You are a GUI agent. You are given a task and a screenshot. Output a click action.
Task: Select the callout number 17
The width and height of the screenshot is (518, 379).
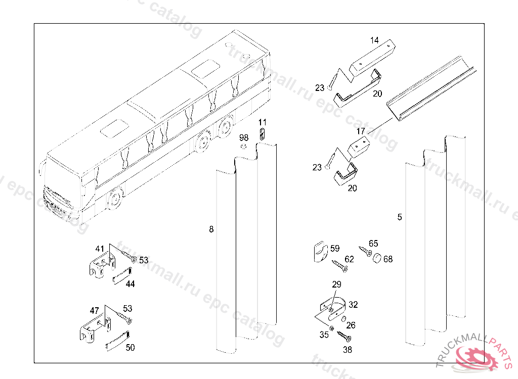(x=360, y=131)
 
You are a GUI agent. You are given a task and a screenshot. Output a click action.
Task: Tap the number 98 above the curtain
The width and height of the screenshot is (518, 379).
(x=244, y=137)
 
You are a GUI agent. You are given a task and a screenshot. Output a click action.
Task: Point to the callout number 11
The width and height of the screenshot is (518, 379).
(x=262, y=122)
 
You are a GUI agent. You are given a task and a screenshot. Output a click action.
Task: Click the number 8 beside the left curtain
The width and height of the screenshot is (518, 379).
(x=211, y=229)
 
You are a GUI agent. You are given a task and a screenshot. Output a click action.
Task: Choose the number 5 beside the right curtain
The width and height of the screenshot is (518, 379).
(x=400, y=217)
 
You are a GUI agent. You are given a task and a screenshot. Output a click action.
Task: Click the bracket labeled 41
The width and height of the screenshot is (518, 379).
(x=102, y=266)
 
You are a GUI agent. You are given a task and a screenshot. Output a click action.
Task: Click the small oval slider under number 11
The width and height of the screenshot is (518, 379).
(x=262, y=134)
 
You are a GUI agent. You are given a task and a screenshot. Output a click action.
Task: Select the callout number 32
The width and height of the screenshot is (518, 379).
(x=353, y=305)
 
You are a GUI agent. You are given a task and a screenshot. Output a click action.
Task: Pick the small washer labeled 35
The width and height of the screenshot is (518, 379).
(x=332, y=328)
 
